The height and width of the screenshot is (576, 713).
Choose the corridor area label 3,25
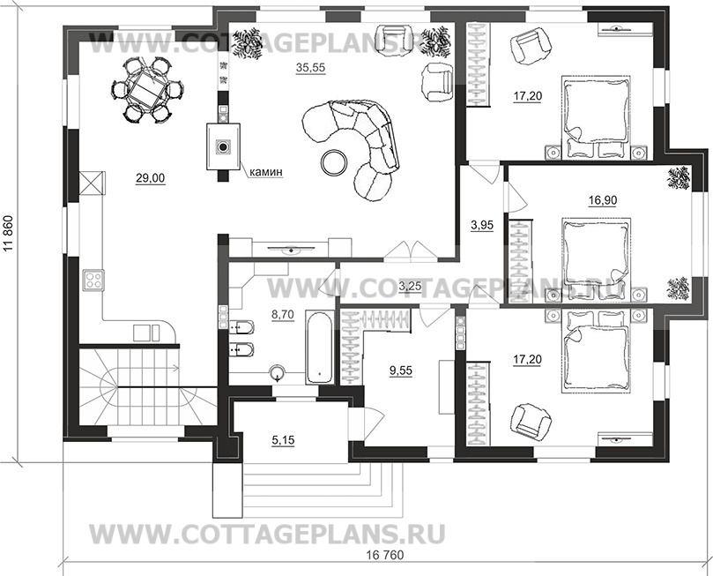tap(411, 286)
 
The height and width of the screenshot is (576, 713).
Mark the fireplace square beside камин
tap(224, 146)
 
